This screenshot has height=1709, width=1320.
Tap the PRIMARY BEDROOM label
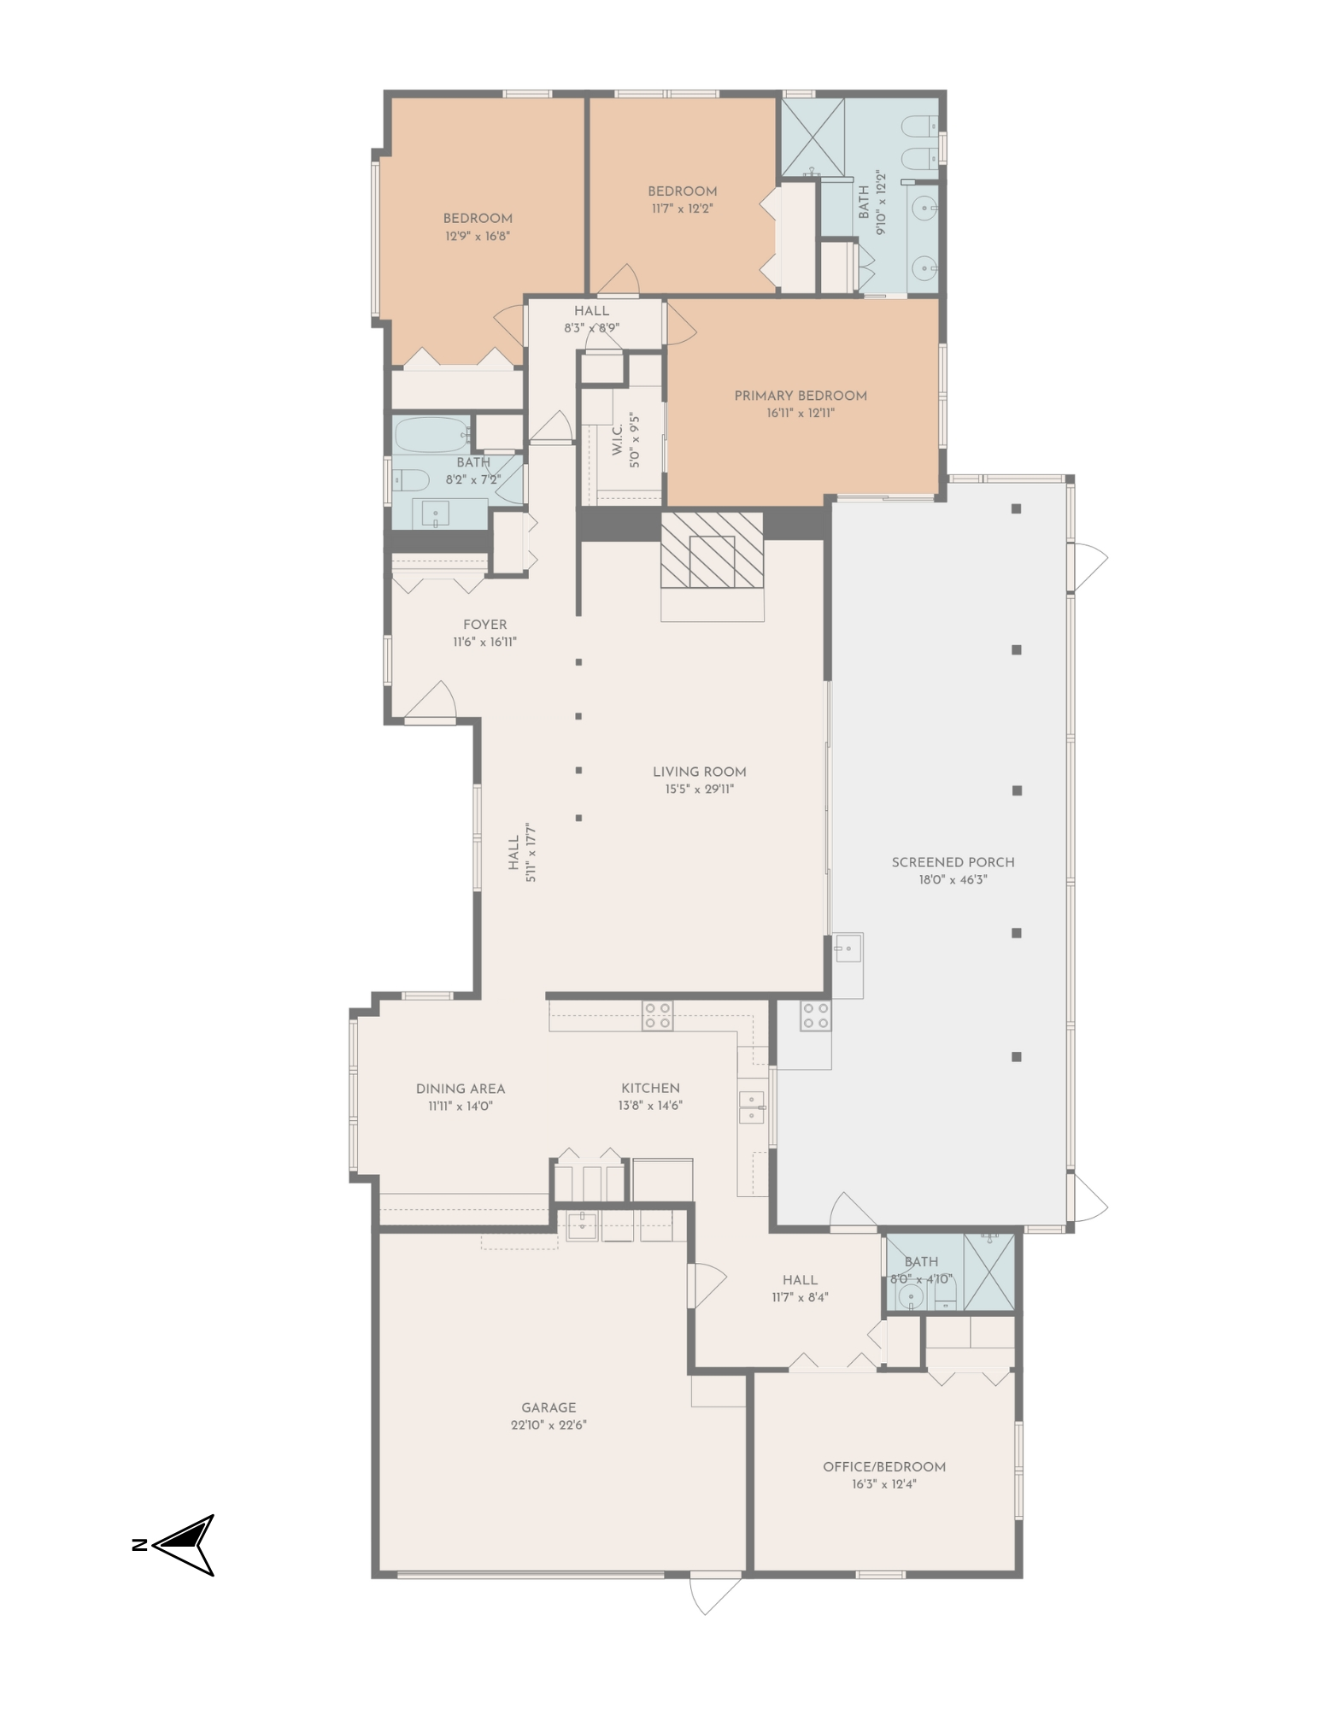coord(801,396)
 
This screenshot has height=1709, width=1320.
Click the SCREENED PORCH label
coord(953,862)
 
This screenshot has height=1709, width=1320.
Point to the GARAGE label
coord(549,1407)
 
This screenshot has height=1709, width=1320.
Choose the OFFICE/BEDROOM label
coord(884,1467)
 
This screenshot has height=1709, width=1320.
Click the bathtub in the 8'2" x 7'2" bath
coord(431,436)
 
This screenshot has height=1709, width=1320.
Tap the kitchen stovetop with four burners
coord(658,1015)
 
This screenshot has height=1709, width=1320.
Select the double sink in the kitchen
coord(752,1107)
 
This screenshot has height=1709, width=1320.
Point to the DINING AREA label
coord(461,1089)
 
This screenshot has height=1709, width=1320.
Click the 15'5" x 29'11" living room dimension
coord(700,790)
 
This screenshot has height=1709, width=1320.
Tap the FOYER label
coord(484,625)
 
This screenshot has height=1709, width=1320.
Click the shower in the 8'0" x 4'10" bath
coord(989,1271)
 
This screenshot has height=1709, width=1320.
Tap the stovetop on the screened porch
coord(815,1015)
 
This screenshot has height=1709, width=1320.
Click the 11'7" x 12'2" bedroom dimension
coord(682,208)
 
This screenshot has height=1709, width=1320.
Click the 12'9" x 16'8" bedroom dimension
coord(478,236)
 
